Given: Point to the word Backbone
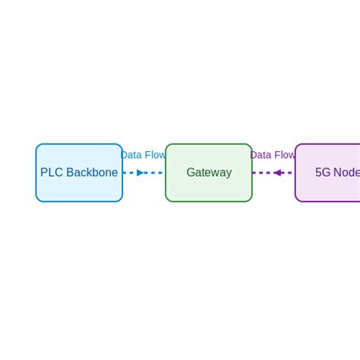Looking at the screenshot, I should [x=92, y=172].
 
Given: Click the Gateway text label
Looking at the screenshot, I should [x=209, y=172].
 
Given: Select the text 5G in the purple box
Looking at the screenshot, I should [x=323, y=172].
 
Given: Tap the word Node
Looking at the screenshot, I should [x=347, y=172].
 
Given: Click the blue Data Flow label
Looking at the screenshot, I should [x=143, y=155].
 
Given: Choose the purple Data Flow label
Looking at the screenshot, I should [x=273, y=155].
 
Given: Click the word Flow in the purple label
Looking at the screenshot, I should [x=284, y=155].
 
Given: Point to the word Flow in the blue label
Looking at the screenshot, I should [x=155, y=155].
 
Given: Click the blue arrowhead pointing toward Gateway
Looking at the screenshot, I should [x=141, y=172].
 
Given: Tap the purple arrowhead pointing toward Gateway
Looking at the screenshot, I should [x=278, y=172].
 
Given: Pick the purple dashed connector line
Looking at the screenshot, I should [x=262, y=172].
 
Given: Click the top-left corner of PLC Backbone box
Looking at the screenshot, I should [x=37, y=145].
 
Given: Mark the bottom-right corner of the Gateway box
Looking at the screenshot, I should [x=251, y=201].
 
